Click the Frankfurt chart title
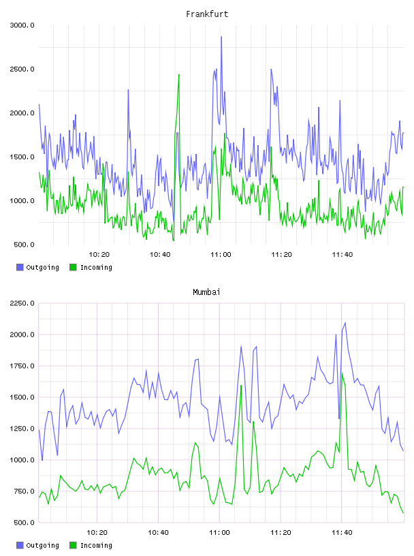(x=207, y=14)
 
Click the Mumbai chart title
(x=206, y=292)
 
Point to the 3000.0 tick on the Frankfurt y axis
(x=22, y=25)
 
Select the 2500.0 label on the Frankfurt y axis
(x=22, y=69)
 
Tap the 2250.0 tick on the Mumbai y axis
(x=22, y=303)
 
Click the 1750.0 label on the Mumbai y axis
(x=22, y=366)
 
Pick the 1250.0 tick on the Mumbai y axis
(x=22, y=429)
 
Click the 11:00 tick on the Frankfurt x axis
(x=221, y=255)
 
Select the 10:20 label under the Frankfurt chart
(x=99, y=255)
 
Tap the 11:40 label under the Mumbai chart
(x=342, y=533)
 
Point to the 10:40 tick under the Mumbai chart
(x=158, y=533)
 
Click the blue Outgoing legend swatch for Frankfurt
(x=20, y=267)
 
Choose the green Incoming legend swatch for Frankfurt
(x=73, y=267)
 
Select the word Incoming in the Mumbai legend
(x=96, y=545)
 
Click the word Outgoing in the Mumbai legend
(x=42, y=545)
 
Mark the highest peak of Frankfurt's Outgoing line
(x=221, y=37)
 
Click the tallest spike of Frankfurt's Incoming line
(x=179, y=74)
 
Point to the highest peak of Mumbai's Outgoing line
(x=345, y=323)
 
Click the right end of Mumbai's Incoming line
(x=403, y=513)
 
